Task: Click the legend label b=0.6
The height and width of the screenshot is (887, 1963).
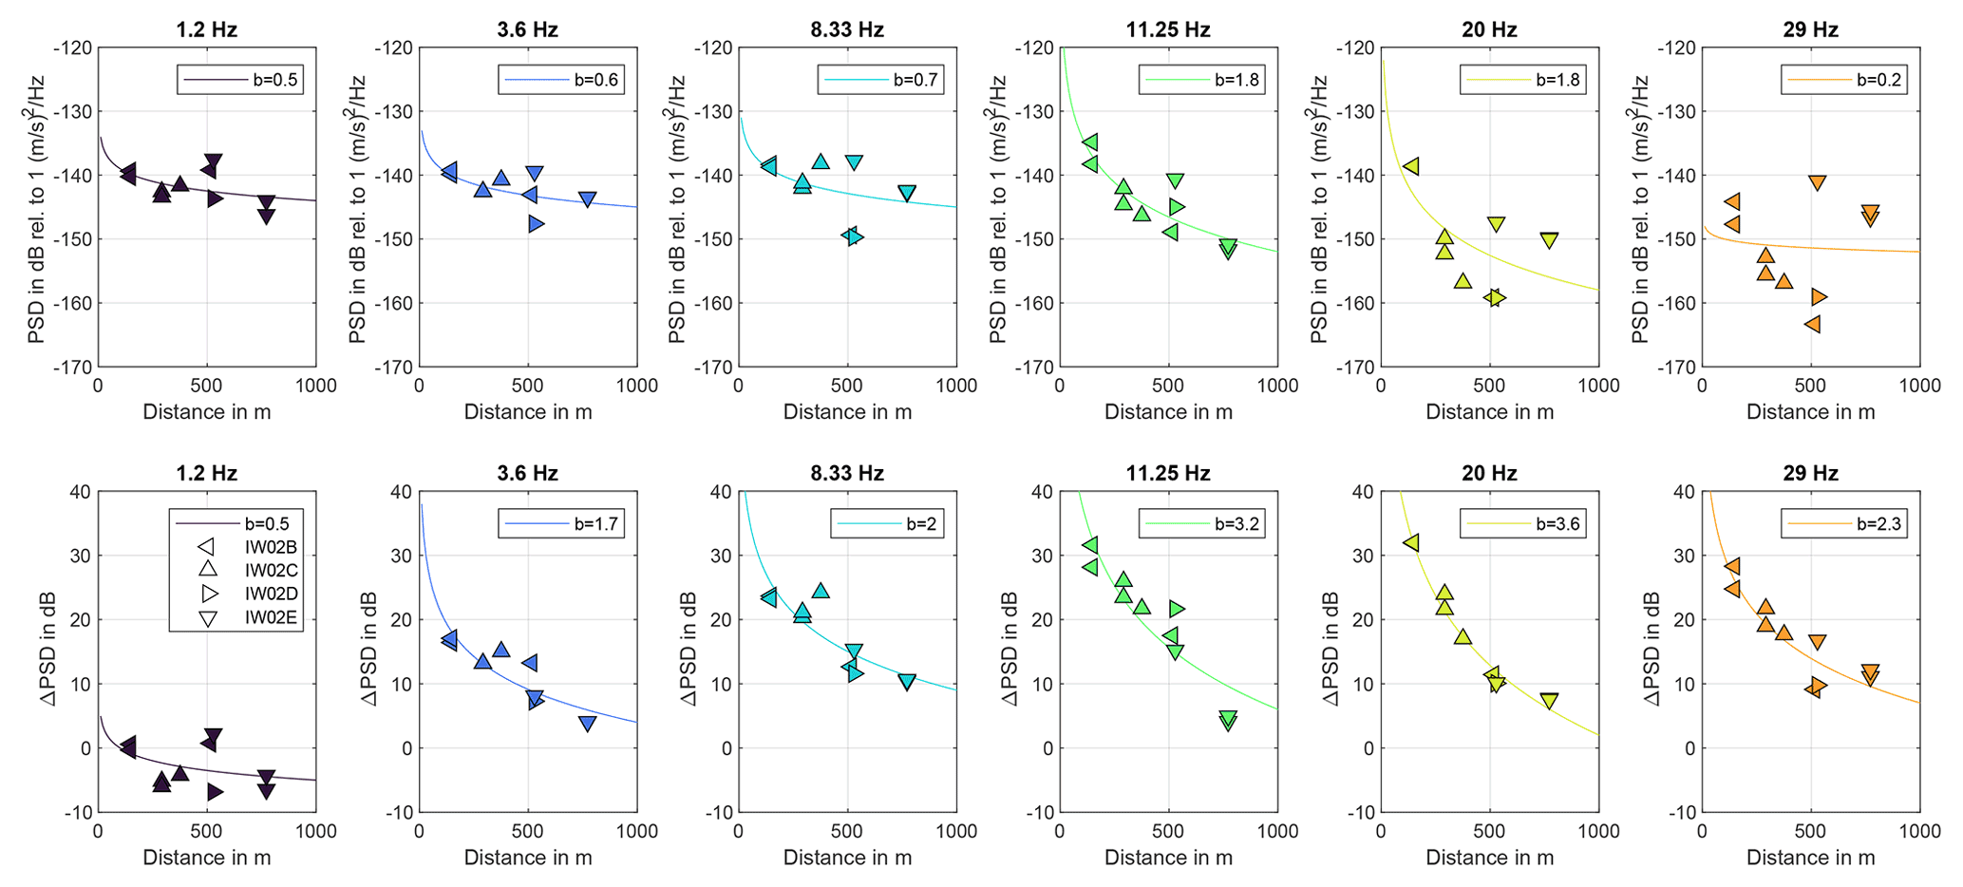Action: pyautogui.click(x=595, y=80)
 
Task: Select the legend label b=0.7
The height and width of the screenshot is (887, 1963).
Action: pyautogui.click(x=915, y=80)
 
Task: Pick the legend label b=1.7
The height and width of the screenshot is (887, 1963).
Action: pyautogui.click(x=595, y=523)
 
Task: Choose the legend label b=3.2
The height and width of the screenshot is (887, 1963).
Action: pyautogui.click(x=1236, y=523)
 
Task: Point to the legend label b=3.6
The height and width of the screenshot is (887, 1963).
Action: pyautogui.click(x=1557, y=523)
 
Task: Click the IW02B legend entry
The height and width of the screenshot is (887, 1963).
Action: pyautogui.click(x=265, y=547)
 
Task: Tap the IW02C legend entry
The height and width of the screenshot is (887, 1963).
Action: pyautogui.click(x=265, y=571)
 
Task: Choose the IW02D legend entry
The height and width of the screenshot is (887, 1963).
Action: pyautogui.click(x=265, y=594)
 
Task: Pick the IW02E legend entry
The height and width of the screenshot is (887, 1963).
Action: pyautogui.click(x=265, y=618)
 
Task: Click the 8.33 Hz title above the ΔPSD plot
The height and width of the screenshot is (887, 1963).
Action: pyautogui.click(x=847, y=473)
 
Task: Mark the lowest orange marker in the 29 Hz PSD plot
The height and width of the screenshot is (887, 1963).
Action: pyautogui.click(x=1811, y=324)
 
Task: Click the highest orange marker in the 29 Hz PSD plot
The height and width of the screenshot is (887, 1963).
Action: pyautogui.click(x=1817, y=182)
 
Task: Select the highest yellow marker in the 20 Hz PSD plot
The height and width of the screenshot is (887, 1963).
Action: pyautogui.click(x=1411, y=166)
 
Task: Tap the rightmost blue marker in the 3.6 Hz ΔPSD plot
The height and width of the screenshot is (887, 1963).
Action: pyautogui.click(x=588, y=724)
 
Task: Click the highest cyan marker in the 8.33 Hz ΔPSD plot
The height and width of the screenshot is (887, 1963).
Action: pyautogui.click(x=821, y=591)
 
